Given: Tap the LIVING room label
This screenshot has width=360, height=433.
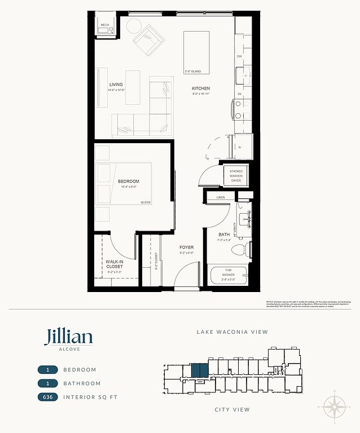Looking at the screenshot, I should tap(116, 85).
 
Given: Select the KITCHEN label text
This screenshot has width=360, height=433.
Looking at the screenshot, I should tap(200, 89).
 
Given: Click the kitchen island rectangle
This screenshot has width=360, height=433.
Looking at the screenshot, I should tap(196, 52).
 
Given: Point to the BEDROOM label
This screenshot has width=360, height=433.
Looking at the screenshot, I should tap(128, 181).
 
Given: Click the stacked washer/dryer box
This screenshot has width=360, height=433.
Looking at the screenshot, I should tap(236, 176).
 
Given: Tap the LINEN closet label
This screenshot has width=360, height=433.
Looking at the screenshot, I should tap(220, 197).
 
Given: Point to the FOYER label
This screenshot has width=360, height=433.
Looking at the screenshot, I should tap(187, 248).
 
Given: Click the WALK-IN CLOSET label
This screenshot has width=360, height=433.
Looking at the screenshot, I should tap(115, 264).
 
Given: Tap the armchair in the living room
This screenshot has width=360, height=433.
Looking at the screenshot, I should tap(148, 40).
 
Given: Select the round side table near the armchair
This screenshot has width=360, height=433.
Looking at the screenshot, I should tap(134, 26).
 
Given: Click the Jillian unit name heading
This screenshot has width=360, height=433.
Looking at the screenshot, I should tap(68, 337).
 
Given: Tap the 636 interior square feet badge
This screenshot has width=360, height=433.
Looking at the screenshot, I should tap(50, 397).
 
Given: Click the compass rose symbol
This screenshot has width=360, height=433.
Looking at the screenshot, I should tap(335, 406).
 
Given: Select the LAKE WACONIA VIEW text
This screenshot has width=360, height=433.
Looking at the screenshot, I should tap(232, 332).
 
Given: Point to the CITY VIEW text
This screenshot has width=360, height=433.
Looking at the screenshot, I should tap(232, 409).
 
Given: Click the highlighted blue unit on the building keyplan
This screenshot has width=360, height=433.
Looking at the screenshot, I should tap(199, 370).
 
